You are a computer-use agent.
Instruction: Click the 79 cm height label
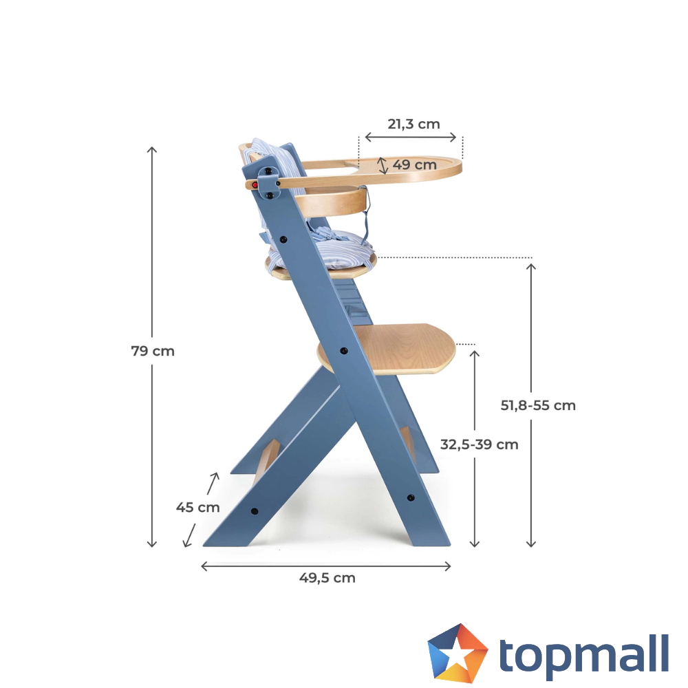pos(153,351)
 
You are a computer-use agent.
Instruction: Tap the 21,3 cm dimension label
pos(413,124)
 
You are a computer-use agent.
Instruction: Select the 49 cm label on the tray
pos(414,165)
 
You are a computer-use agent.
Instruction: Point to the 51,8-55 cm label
pos(538,405)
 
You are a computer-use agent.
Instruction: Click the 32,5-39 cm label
pos(479,444)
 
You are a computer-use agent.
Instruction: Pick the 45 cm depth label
pos(198,508)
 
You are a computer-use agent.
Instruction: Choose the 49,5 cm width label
pos(327,578)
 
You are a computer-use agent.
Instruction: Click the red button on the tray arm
pos(255,185)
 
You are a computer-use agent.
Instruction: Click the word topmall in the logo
pos(583,654)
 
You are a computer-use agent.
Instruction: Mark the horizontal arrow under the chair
pos(325,566)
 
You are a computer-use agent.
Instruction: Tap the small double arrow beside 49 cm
pos(383,165)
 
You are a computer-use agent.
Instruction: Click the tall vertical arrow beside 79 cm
pos(153,275)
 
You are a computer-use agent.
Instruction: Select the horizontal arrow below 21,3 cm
pos(411,138)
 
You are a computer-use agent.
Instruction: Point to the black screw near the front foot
pos(411,497)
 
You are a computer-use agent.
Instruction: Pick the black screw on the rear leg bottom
pos(254,511)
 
